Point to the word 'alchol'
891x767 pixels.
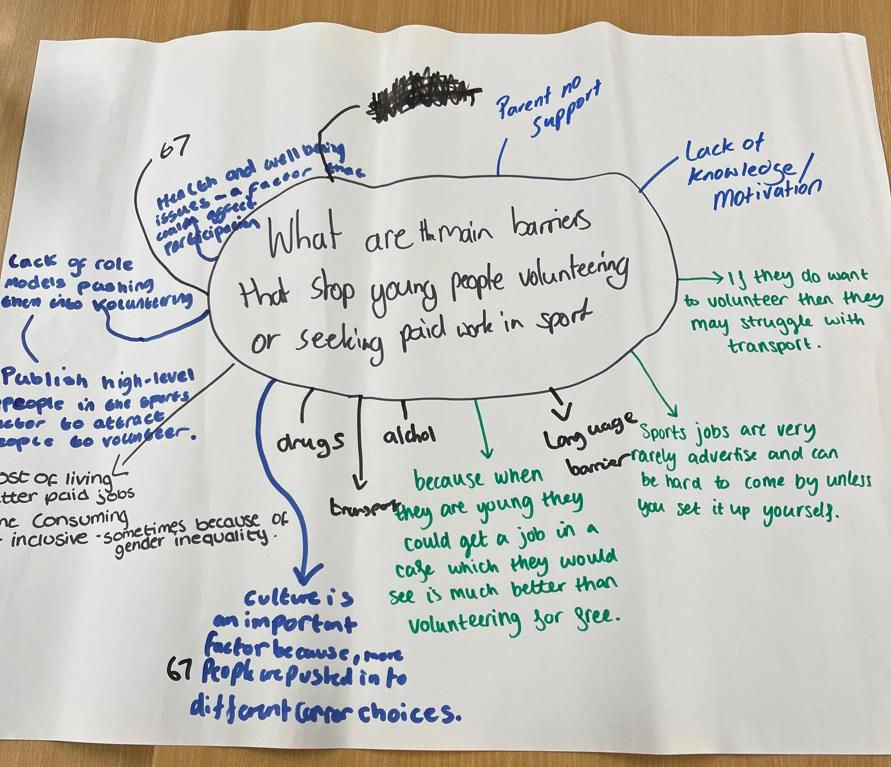(410, 435)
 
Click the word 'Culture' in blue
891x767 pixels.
(277, 598)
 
